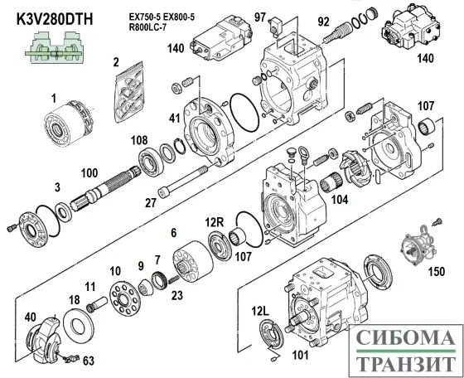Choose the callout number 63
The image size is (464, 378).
click(88, 361)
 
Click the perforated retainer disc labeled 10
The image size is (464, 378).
click(125, 294)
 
